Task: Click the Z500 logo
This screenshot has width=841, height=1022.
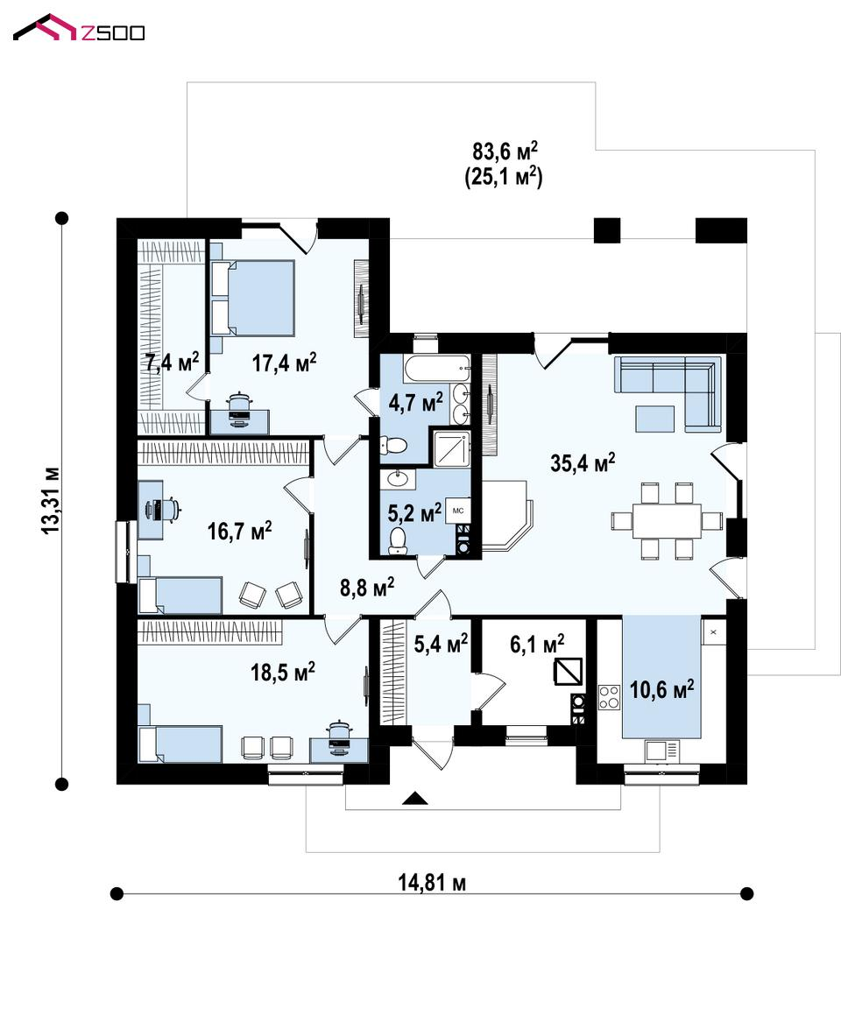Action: (x=79, y=29)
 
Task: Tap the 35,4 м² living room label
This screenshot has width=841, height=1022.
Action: (x=583, y=462)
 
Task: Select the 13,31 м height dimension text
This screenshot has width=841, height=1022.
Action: (x=51, y=501)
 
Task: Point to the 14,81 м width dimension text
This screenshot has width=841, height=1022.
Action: (x=432, y=883)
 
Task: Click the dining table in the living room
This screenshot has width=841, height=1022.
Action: (x=667, y=521)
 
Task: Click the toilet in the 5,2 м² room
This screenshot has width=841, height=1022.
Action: (x=397, y=541)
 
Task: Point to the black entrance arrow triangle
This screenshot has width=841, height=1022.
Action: (x=414, y=798)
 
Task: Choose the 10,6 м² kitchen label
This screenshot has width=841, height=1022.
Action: (x=661, y=689)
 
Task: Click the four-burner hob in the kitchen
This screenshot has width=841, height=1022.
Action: (x=609, y=697)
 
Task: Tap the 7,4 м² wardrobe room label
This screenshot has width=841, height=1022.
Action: (x=172, y=361)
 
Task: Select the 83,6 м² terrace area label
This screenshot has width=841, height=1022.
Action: (x=505, y=152)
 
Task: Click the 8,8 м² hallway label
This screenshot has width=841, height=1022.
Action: (x=367, y=588)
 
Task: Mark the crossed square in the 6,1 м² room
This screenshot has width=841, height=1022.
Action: (x=567, y=672)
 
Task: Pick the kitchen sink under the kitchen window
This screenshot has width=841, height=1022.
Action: (x=661, y=751)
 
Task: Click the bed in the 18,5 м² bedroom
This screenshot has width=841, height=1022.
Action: (x=180, y=744)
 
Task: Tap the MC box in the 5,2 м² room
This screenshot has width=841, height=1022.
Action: (x=457, y=511)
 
